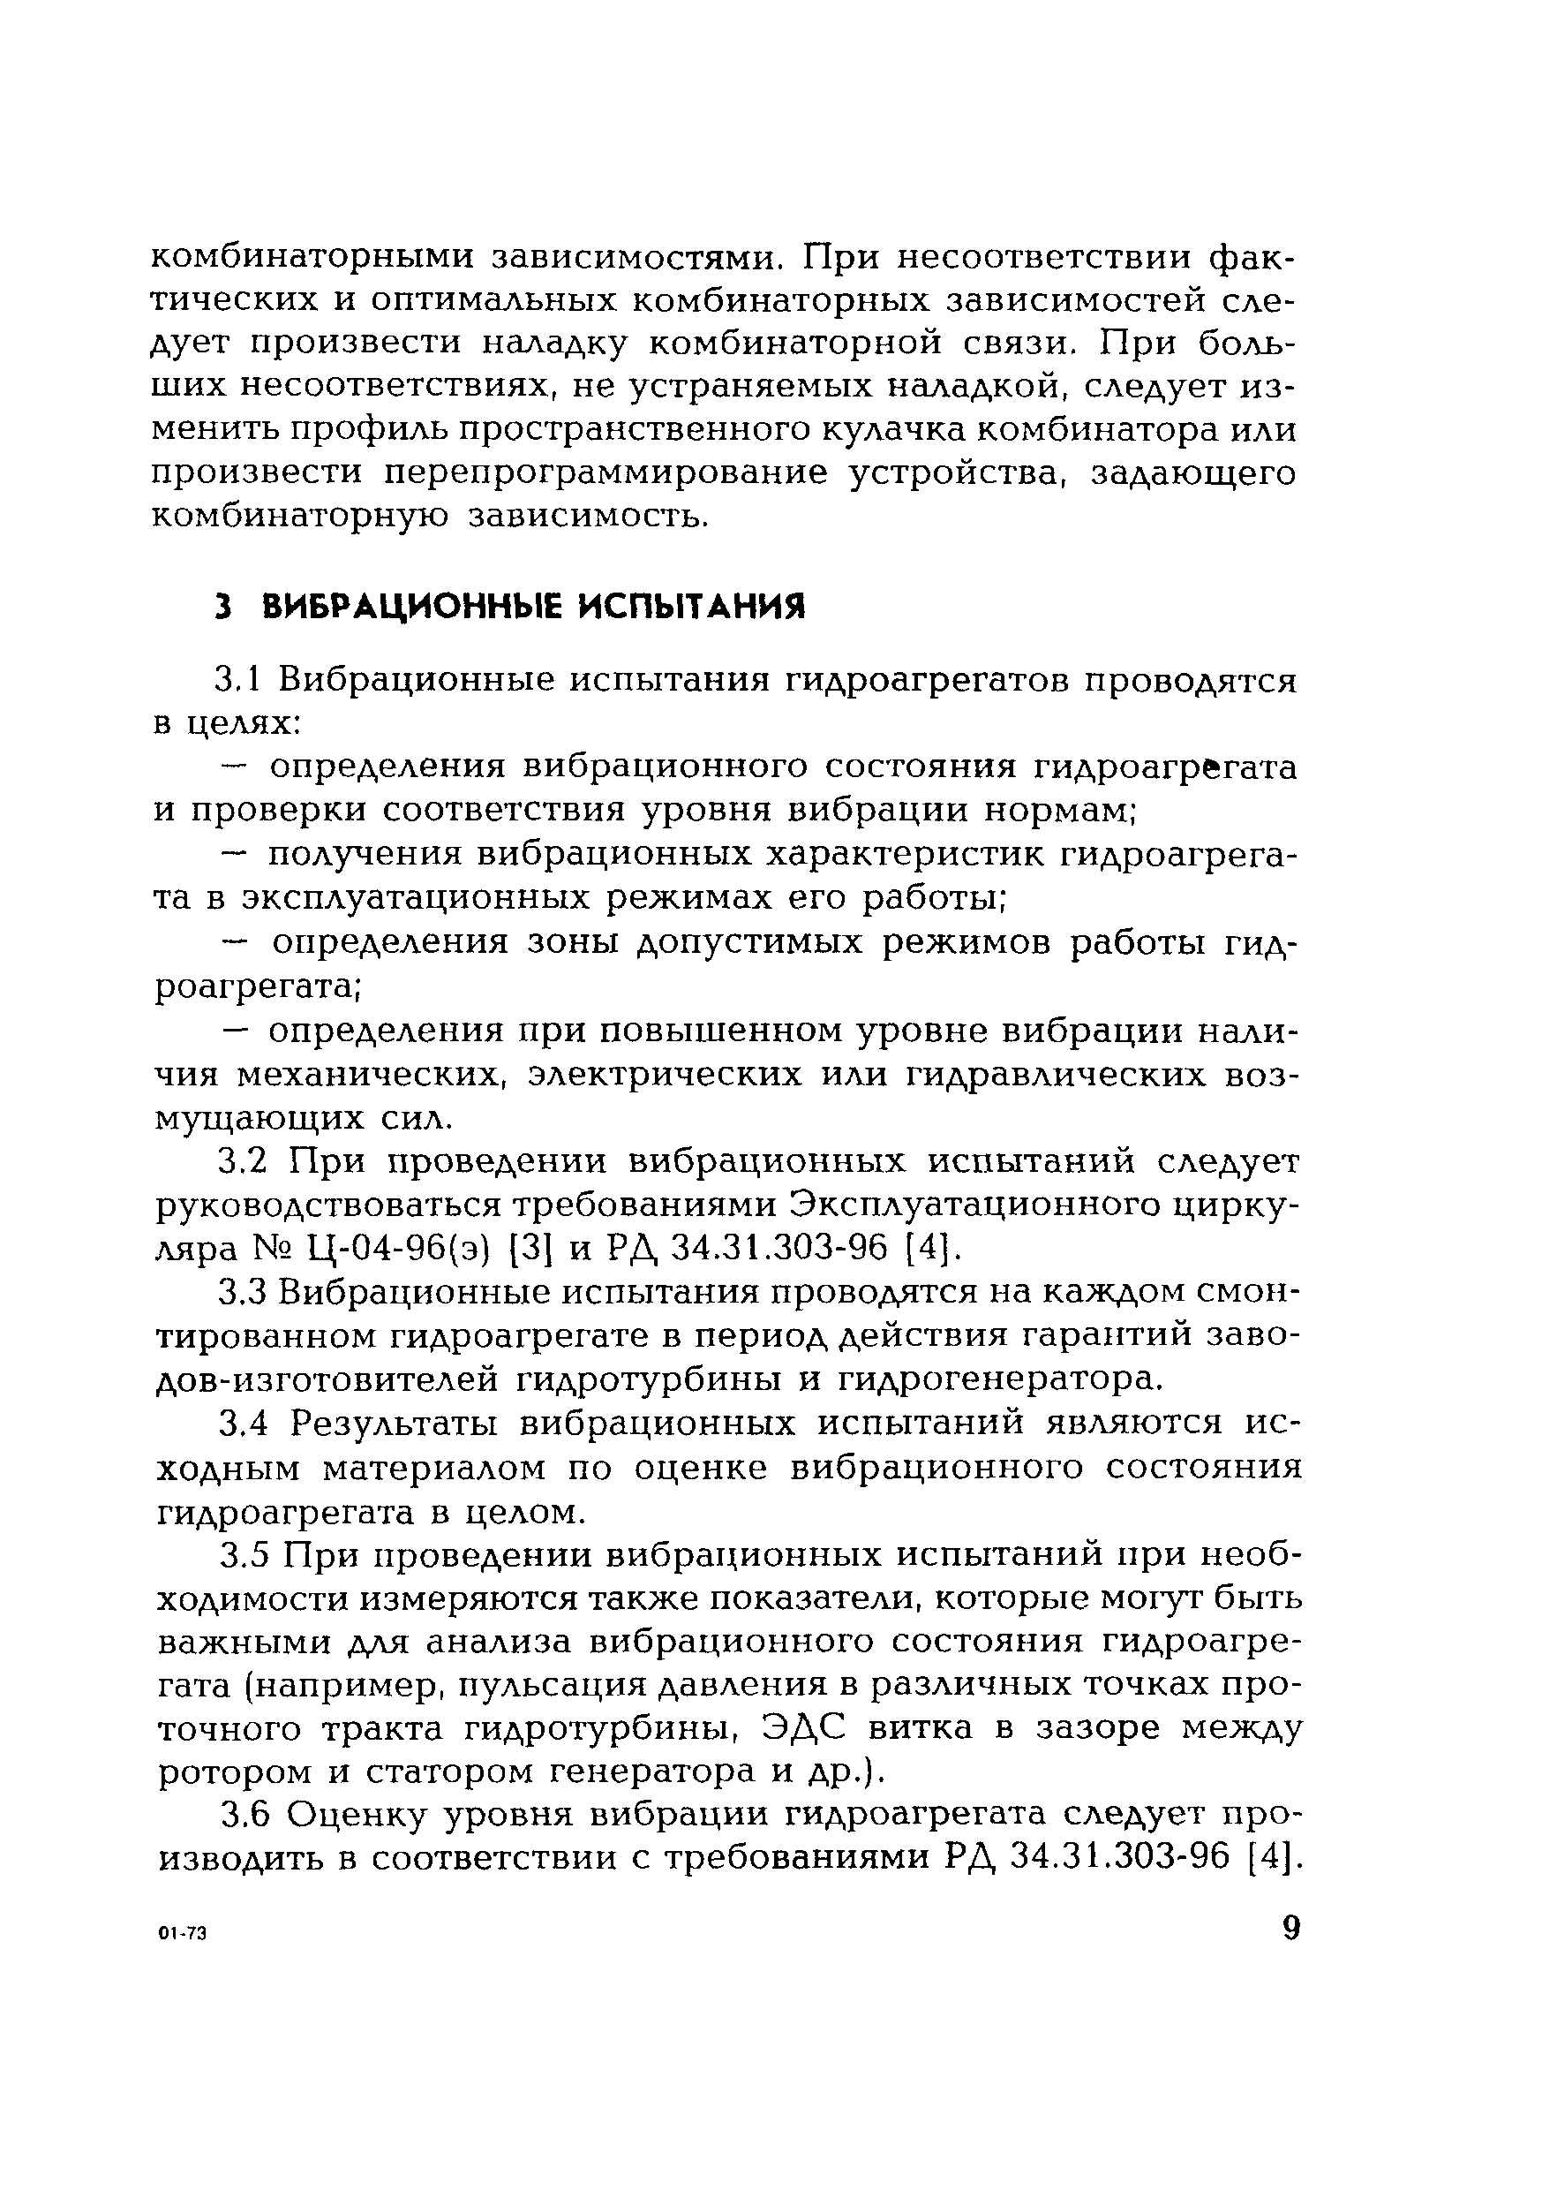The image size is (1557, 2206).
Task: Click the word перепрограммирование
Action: tap(605, 473)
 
